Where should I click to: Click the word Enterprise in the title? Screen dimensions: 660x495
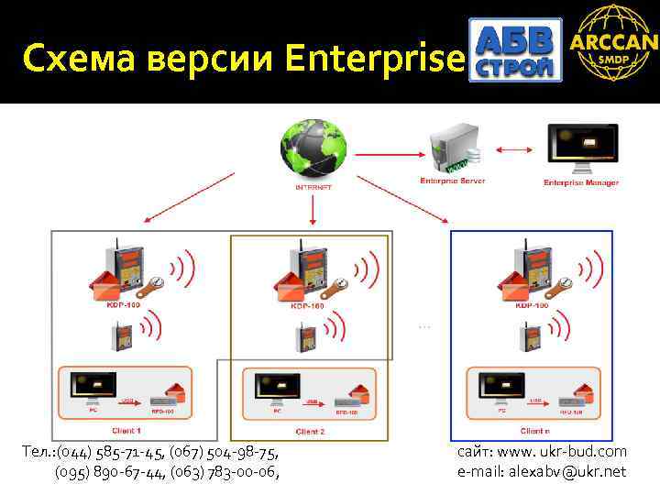pos(376,59)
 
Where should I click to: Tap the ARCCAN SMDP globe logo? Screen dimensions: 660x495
pos(613,44)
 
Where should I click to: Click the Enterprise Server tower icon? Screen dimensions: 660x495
pos(446,147)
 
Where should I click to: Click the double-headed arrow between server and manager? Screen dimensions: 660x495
pos(512,148)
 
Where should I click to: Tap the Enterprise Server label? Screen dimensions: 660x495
pos(452,181)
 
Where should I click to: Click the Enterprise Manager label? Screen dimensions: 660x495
pos(581,182)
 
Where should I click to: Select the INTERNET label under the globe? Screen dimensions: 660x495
pos(313,186)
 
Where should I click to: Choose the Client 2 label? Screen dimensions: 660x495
pos(312,431)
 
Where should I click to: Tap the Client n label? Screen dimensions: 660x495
pos(535,431)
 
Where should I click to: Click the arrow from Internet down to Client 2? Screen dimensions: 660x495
pos(313,210)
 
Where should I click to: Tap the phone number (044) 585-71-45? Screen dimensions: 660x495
pos(100,452)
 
